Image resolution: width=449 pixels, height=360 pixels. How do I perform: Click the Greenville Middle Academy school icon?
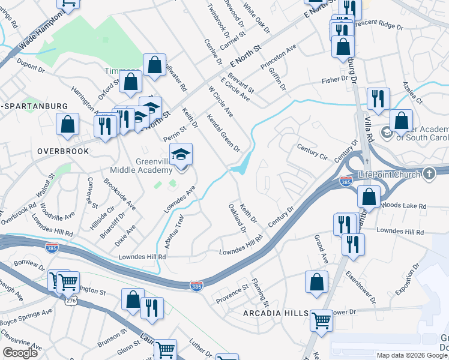tap(181, 155)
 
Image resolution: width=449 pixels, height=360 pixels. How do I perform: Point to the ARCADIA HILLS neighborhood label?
tap(275, 314)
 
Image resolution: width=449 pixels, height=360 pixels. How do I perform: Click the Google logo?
tap(20, 353)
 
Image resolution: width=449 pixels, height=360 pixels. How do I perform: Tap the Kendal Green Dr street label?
tap(223, 132)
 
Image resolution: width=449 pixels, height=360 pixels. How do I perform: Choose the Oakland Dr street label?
tap(237, 218)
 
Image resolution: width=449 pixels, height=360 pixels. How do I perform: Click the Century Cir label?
tap(312, 152)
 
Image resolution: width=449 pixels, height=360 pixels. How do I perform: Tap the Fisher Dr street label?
tap(335, 79)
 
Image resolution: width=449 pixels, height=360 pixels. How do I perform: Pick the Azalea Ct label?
tap(413, 93)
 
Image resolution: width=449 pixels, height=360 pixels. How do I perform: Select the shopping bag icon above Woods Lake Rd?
tap(369, 197)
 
